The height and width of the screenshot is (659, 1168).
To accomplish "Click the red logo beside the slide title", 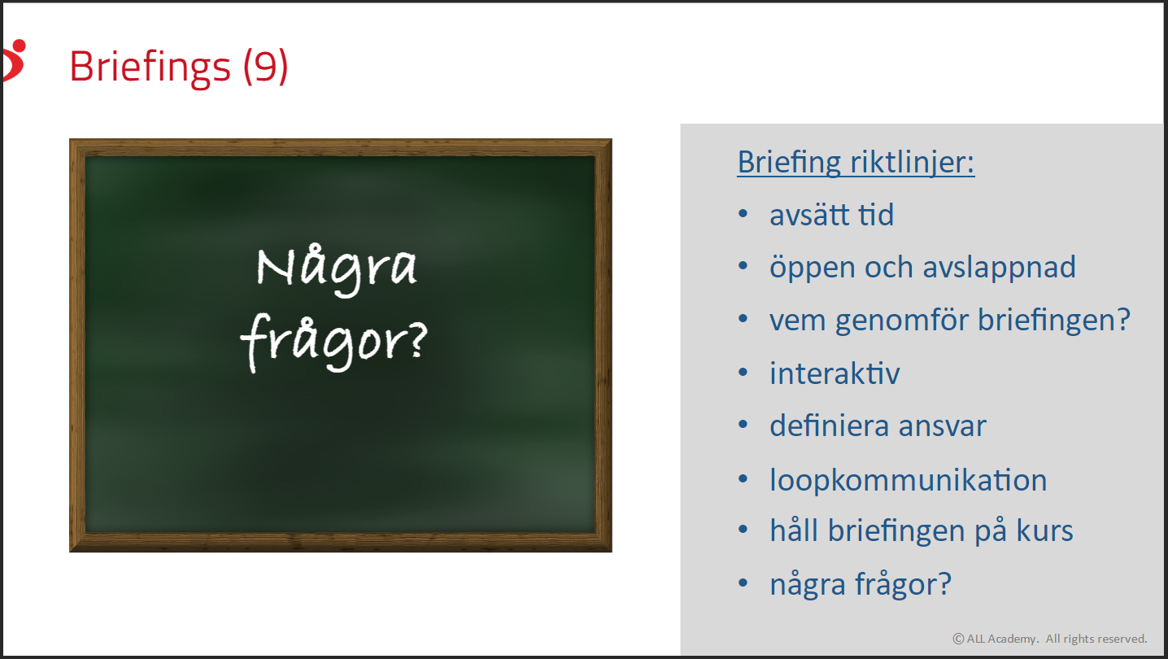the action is pos(14,60).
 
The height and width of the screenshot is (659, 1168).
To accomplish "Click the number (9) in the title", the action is pos(265,66).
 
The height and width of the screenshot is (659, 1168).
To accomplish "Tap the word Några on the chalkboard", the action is pos(337,269).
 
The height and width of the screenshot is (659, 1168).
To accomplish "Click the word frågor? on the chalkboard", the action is pos(333,342).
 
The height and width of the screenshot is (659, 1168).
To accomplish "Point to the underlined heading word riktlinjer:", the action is pos(913,163).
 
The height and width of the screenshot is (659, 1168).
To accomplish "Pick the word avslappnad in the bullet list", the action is pos(999,268).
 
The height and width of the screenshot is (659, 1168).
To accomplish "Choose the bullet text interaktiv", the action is pos(835,373).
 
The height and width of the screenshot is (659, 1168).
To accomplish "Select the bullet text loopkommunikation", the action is pos(909,480).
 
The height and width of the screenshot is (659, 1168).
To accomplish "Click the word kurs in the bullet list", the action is pos(1044,530).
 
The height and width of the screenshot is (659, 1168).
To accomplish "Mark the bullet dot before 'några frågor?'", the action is pos(743,583).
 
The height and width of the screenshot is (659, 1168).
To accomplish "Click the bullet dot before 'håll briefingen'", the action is pos(743,530).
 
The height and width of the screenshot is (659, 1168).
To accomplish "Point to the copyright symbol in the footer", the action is pos(958,639).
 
